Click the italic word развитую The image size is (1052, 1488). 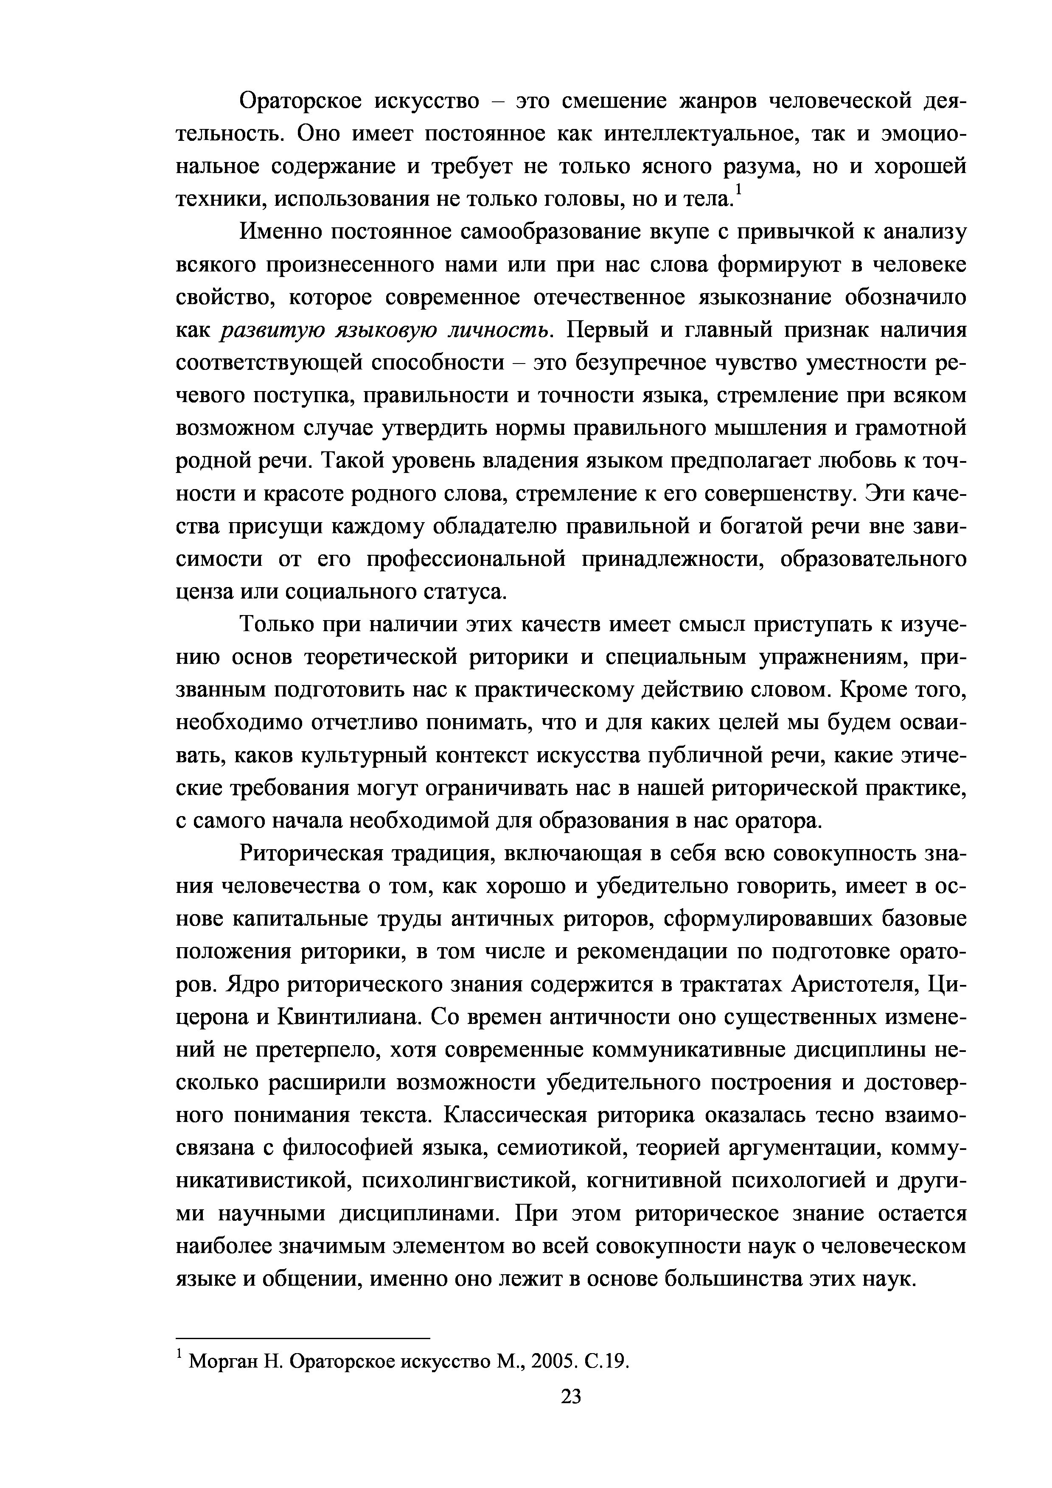click(273, 330)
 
